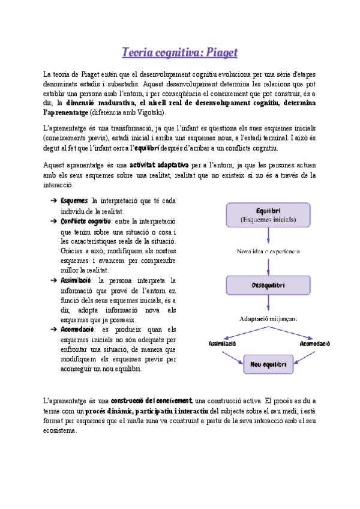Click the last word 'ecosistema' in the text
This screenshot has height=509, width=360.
(60, 430)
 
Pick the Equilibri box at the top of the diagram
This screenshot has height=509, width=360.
(268, 215)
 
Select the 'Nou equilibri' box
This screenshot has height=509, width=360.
(268, 364)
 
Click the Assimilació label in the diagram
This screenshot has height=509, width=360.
(222, 344)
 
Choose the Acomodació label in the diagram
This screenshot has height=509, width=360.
(314, 344)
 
